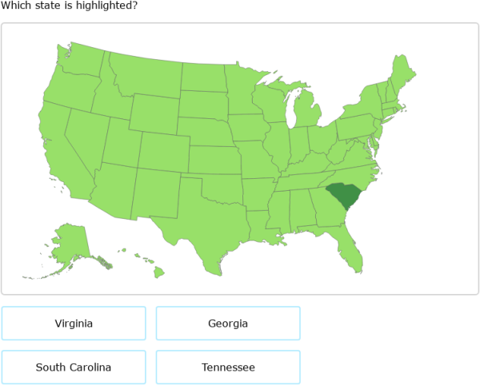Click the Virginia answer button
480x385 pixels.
point(74,323)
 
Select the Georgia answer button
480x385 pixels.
point(228,323)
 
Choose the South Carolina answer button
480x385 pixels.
point(74,367)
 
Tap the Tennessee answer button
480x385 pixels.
point(228,367)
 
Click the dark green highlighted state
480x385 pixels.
point(342,195)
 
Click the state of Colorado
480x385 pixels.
point(164,149)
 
